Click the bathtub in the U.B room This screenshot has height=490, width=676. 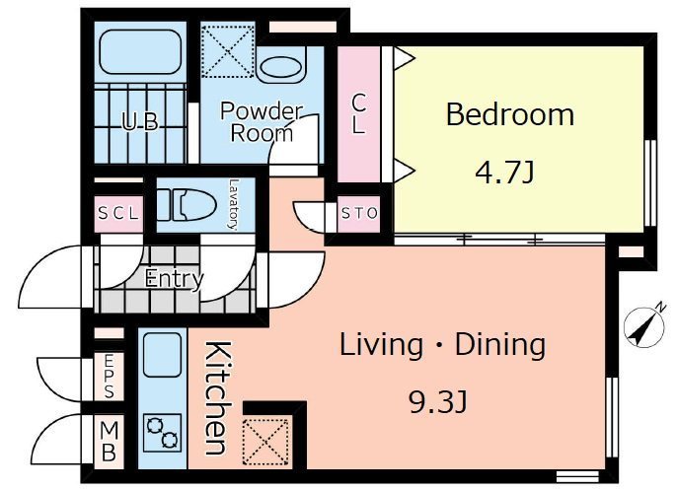click(140, 51)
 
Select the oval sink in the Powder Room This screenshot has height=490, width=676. click(279, 67)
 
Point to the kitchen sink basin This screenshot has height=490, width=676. click(162, 355)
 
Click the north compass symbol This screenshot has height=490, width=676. click(645, 326)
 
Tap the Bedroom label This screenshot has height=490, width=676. click(510, 114)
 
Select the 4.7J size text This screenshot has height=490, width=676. click(504, 172)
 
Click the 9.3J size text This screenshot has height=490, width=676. click(437, 403)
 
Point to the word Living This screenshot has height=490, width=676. click(381, 345)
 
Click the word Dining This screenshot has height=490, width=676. click(500, 345)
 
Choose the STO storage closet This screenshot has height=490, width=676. click(359, 213)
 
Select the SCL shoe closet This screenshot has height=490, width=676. click(118, 213)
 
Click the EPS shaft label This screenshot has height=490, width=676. click(109, 377)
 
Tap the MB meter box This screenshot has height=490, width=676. click(109, 442)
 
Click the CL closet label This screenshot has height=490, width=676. click(358, 113)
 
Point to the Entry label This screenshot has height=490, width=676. click(174, 279)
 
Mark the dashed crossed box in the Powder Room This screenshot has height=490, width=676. click(228, 52)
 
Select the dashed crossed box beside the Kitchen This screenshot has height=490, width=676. click(265, 442)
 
